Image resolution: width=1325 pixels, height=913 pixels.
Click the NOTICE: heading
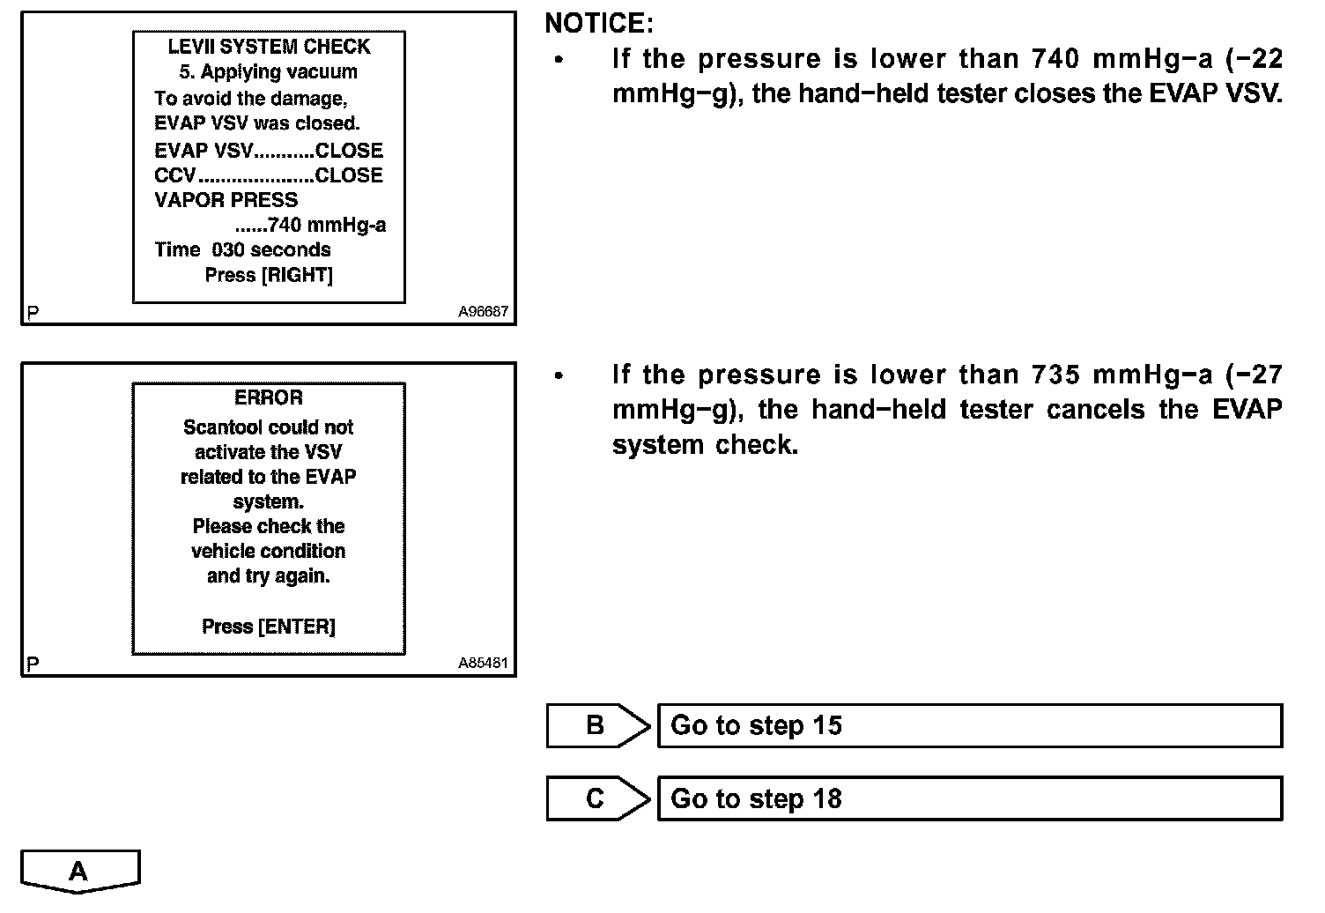pyautogui.click(x=599, y=23)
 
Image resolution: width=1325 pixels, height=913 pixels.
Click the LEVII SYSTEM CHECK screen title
pyautogui.click(x=269, y=47)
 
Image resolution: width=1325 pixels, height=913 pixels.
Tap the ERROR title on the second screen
pyautogui.click(x=269, y=397)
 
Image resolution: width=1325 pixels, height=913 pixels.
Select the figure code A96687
pyautogui.click(x=483, y=312)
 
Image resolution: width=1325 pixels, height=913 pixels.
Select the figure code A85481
pyautogui.click(x=483, y=664)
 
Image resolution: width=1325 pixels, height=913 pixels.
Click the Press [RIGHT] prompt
pyautogui.click(x=269, y=275)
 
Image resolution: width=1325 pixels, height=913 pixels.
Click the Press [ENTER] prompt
pyautogui.click(x=269, y=627)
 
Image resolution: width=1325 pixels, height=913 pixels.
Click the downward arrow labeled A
pyautogui.click(x=79, y=872)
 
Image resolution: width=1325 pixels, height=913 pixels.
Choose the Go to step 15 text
pyautogui.click(x=756, y=726)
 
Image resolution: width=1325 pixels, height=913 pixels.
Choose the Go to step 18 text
pyautogui.click(x=756, y=799)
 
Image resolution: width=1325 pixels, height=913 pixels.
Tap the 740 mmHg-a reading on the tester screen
pyautogui.click(x=326, y=225)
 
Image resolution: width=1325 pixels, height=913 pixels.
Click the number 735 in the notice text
pyautogui.click(x=1056, y=375)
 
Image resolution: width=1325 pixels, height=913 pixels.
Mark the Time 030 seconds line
pyautogui.click(x=242, y=250)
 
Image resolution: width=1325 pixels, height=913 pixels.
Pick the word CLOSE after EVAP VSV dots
pyautogui.click(x=349, y=151)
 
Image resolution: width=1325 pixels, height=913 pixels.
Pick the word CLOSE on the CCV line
pyautogui.click(x=349, y=175)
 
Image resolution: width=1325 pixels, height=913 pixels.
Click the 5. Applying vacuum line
pyautogui.click(x=269, y=72)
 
